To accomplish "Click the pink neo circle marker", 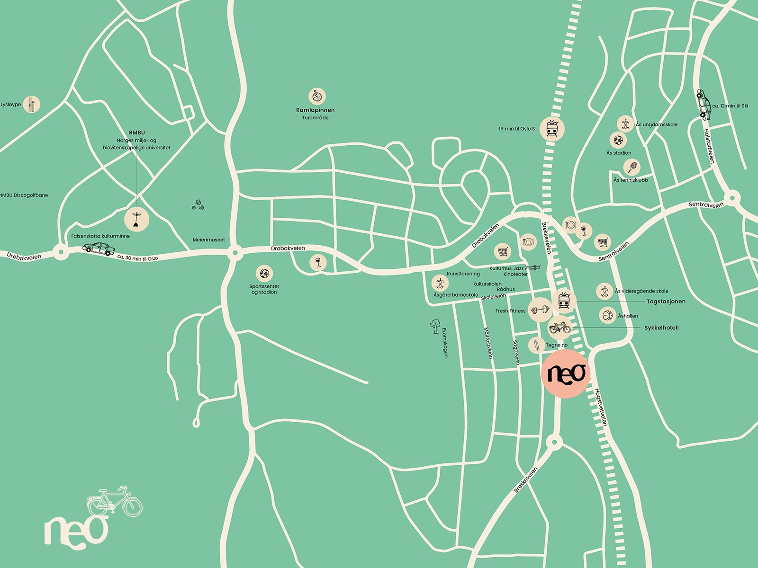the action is pos(566,374).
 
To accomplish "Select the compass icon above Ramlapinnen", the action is pos(317,97).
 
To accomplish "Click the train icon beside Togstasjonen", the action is pos(564,300).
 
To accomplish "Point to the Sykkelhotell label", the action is pos(661,328).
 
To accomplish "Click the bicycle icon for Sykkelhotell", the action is pos(560,328).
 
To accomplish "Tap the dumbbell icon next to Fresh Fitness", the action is pos(540,310).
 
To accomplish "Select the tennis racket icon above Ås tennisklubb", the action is pos(632,167).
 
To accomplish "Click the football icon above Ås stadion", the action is pos(618,140).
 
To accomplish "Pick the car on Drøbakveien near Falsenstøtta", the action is pos(99,248).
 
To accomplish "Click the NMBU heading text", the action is pos(136,133).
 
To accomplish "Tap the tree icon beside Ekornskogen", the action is pos(434,326).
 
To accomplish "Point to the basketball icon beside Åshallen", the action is pos(607,315).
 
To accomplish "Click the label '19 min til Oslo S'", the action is pos(516,128).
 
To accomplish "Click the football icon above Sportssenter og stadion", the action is pos(264,274).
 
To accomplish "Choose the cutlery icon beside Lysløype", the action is pos(32,105).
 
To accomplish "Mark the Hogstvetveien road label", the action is pos(600,408).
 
